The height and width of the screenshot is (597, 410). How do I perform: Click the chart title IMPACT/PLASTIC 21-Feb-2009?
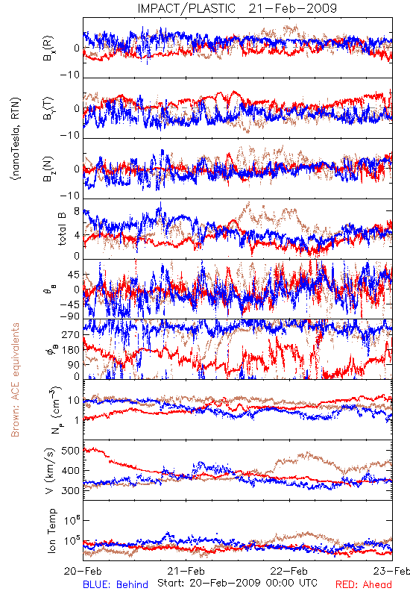point(237,8)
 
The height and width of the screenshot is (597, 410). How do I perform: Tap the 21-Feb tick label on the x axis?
point(186,571)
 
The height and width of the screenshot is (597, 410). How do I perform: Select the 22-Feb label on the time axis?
point(289,571)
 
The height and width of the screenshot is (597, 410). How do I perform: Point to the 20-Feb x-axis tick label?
point(83,571)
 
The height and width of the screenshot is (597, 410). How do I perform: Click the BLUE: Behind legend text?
point(116,584)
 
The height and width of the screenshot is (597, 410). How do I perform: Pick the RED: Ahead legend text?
point(363,584)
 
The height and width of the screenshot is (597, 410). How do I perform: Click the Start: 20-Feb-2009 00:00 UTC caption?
point(237,583)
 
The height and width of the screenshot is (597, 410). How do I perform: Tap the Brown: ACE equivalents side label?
point(15,380)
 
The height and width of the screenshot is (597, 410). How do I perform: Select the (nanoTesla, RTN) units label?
point(16,139)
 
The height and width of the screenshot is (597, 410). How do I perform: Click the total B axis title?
point(62,228)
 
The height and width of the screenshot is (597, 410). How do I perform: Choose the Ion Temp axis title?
point(51,531)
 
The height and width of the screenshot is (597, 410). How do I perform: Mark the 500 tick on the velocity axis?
point(71,451)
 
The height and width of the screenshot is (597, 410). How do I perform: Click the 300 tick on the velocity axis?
point(71,491)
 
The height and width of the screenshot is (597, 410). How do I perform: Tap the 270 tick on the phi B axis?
point(71,335)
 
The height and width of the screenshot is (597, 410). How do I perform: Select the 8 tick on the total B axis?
point(77,212)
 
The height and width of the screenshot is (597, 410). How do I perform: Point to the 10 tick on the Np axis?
point(74,401)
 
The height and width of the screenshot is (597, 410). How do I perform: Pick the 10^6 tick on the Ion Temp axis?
point(72,520)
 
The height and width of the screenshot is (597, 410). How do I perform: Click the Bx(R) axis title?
point(48,49)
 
